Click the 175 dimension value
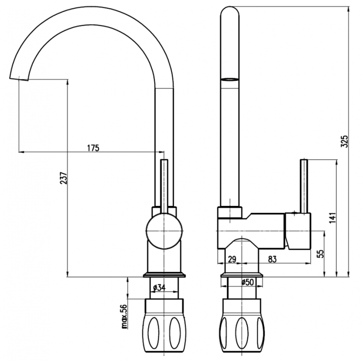tap(93, 148)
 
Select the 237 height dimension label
tap(64, 178)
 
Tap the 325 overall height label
tap(344, 141)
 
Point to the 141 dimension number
tap(333, 217)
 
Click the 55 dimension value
tap(321, 254)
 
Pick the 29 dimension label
tap(232, 259)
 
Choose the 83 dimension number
tap(272, 259)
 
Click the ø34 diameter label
tap(159, 288)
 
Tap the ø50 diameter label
tap(247, 282)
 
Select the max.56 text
tap(124, 316)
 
